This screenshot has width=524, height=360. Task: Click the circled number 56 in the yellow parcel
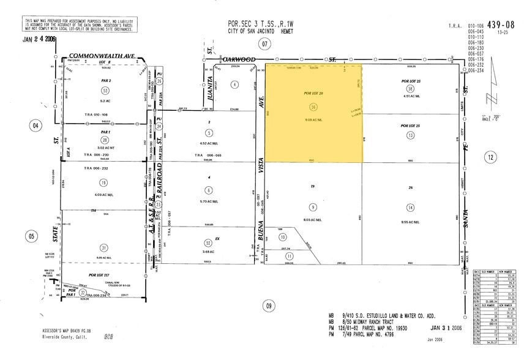pos(313,106)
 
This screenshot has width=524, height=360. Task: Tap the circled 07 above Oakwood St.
pos(264,43)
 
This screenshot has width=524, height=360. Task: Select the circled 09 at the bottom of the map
pos(267,306)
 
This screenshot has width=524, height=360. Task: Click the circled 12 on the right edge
pos(490,157)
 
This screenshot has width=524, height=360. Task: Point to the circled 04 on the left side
pos(37,126)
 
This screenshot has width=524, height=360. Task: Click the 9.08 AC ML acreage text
pos(313,120)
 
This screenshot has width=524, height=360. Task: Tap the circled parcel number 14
pos(410,208)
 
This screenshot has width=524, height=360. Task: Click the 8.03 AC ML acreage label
pos(313,219)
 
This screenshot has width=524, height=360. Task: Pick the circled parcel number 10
pos(282,237)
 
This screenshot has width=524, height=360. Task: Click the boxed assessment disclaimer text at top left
pos(80,25)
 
